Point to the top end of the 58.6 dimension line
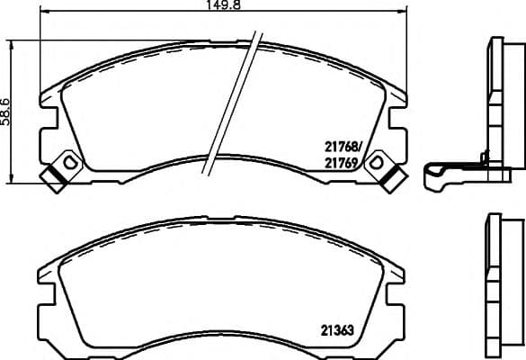click(x=12, y=40)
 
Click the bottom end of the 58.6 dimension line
click(x=12, y=178)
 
